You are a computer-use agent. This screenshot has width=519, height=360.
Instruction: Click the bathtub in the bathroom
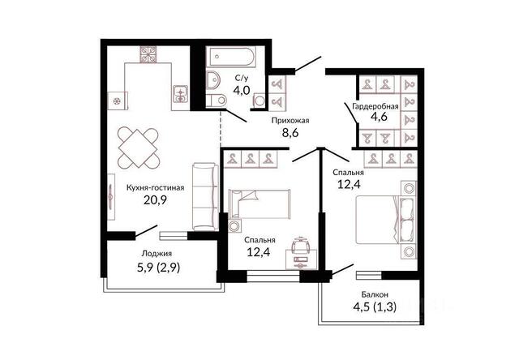[x=230, y=57]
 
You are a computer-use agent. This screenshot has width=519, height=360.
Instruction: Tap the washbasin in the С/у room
[x=213, y=80]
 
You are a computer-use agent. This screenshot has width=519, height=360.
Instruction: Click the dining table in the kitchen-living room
[x=139, y=148]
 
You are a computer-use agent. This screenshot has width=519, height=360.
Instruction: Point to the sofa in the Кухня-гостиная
[x=205, y=196]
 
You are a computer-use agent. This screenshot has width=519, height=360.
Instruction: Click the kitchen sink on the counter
[x=181, y=94]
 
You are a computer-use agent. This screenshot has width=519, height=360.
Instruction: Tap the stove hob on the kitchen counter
[x=148, y=54]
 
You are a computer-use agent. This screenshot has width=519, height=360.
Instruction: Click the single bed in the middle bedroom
[x=259, y=204]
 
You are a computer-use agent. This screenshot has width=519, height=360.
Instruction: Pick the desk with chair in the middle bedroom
[x=302, y=254]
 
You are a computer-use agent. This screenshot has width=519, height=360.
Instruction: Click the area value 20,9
[x=155, y=199]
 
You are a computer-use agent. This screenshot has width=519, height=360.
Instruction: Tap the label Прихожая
[x=290, y=121]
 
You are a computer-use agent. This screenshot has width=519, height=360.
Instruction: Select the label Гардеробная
[x=375, y=106]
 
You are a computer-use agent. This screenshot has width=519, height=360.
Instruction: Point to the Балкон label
[x=375, y=294]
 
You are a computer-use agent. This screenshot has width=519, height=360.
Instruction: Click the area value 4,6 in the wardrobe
[x=379, y=117]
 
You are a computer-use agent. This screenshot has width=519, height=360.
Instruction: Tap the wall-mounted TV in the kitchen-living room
[x=111, y=196]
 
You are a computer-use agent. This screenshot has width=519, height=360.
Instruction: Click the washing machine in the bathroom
[x=259, y=100]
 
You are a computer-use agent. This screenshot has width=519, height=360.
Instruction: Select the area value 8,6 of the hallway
[x=290, y=132]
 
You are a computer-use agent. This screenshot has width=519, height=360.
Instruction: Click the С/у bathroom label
[x=242, y=78]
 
